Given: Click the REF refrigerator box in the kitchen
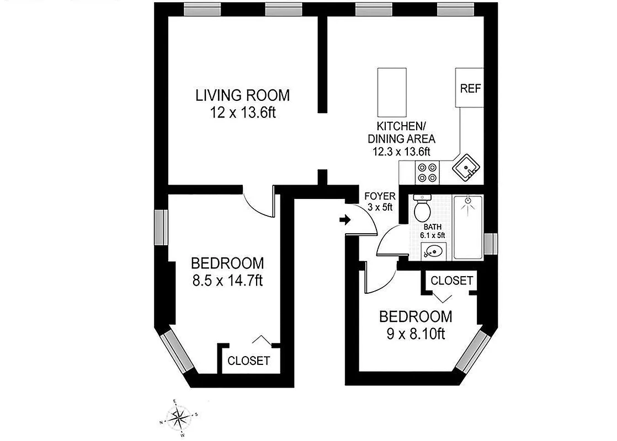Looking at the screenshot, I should (469, 88).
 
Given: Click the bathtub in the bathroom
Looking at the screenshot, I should (467, 227).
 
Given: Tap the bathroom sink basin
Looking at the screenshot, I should (435, 252).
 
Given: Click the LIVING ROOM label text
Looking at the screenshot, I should (242, 95).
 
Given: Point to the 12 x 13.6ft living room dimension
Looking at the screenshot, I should (242, 113).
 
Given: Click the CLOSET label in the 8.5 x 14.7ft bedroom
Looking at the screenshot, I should (249, 361).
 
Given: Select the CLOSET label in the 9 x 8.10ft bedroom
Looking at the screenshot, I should (451, 281).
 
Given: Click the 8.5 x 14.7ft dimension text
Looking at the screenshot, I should (227, 281).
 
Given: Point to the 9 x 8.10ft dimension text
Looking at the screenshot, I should (415, 334).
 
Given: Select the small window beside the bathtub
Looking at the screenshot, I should (490, 242).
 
